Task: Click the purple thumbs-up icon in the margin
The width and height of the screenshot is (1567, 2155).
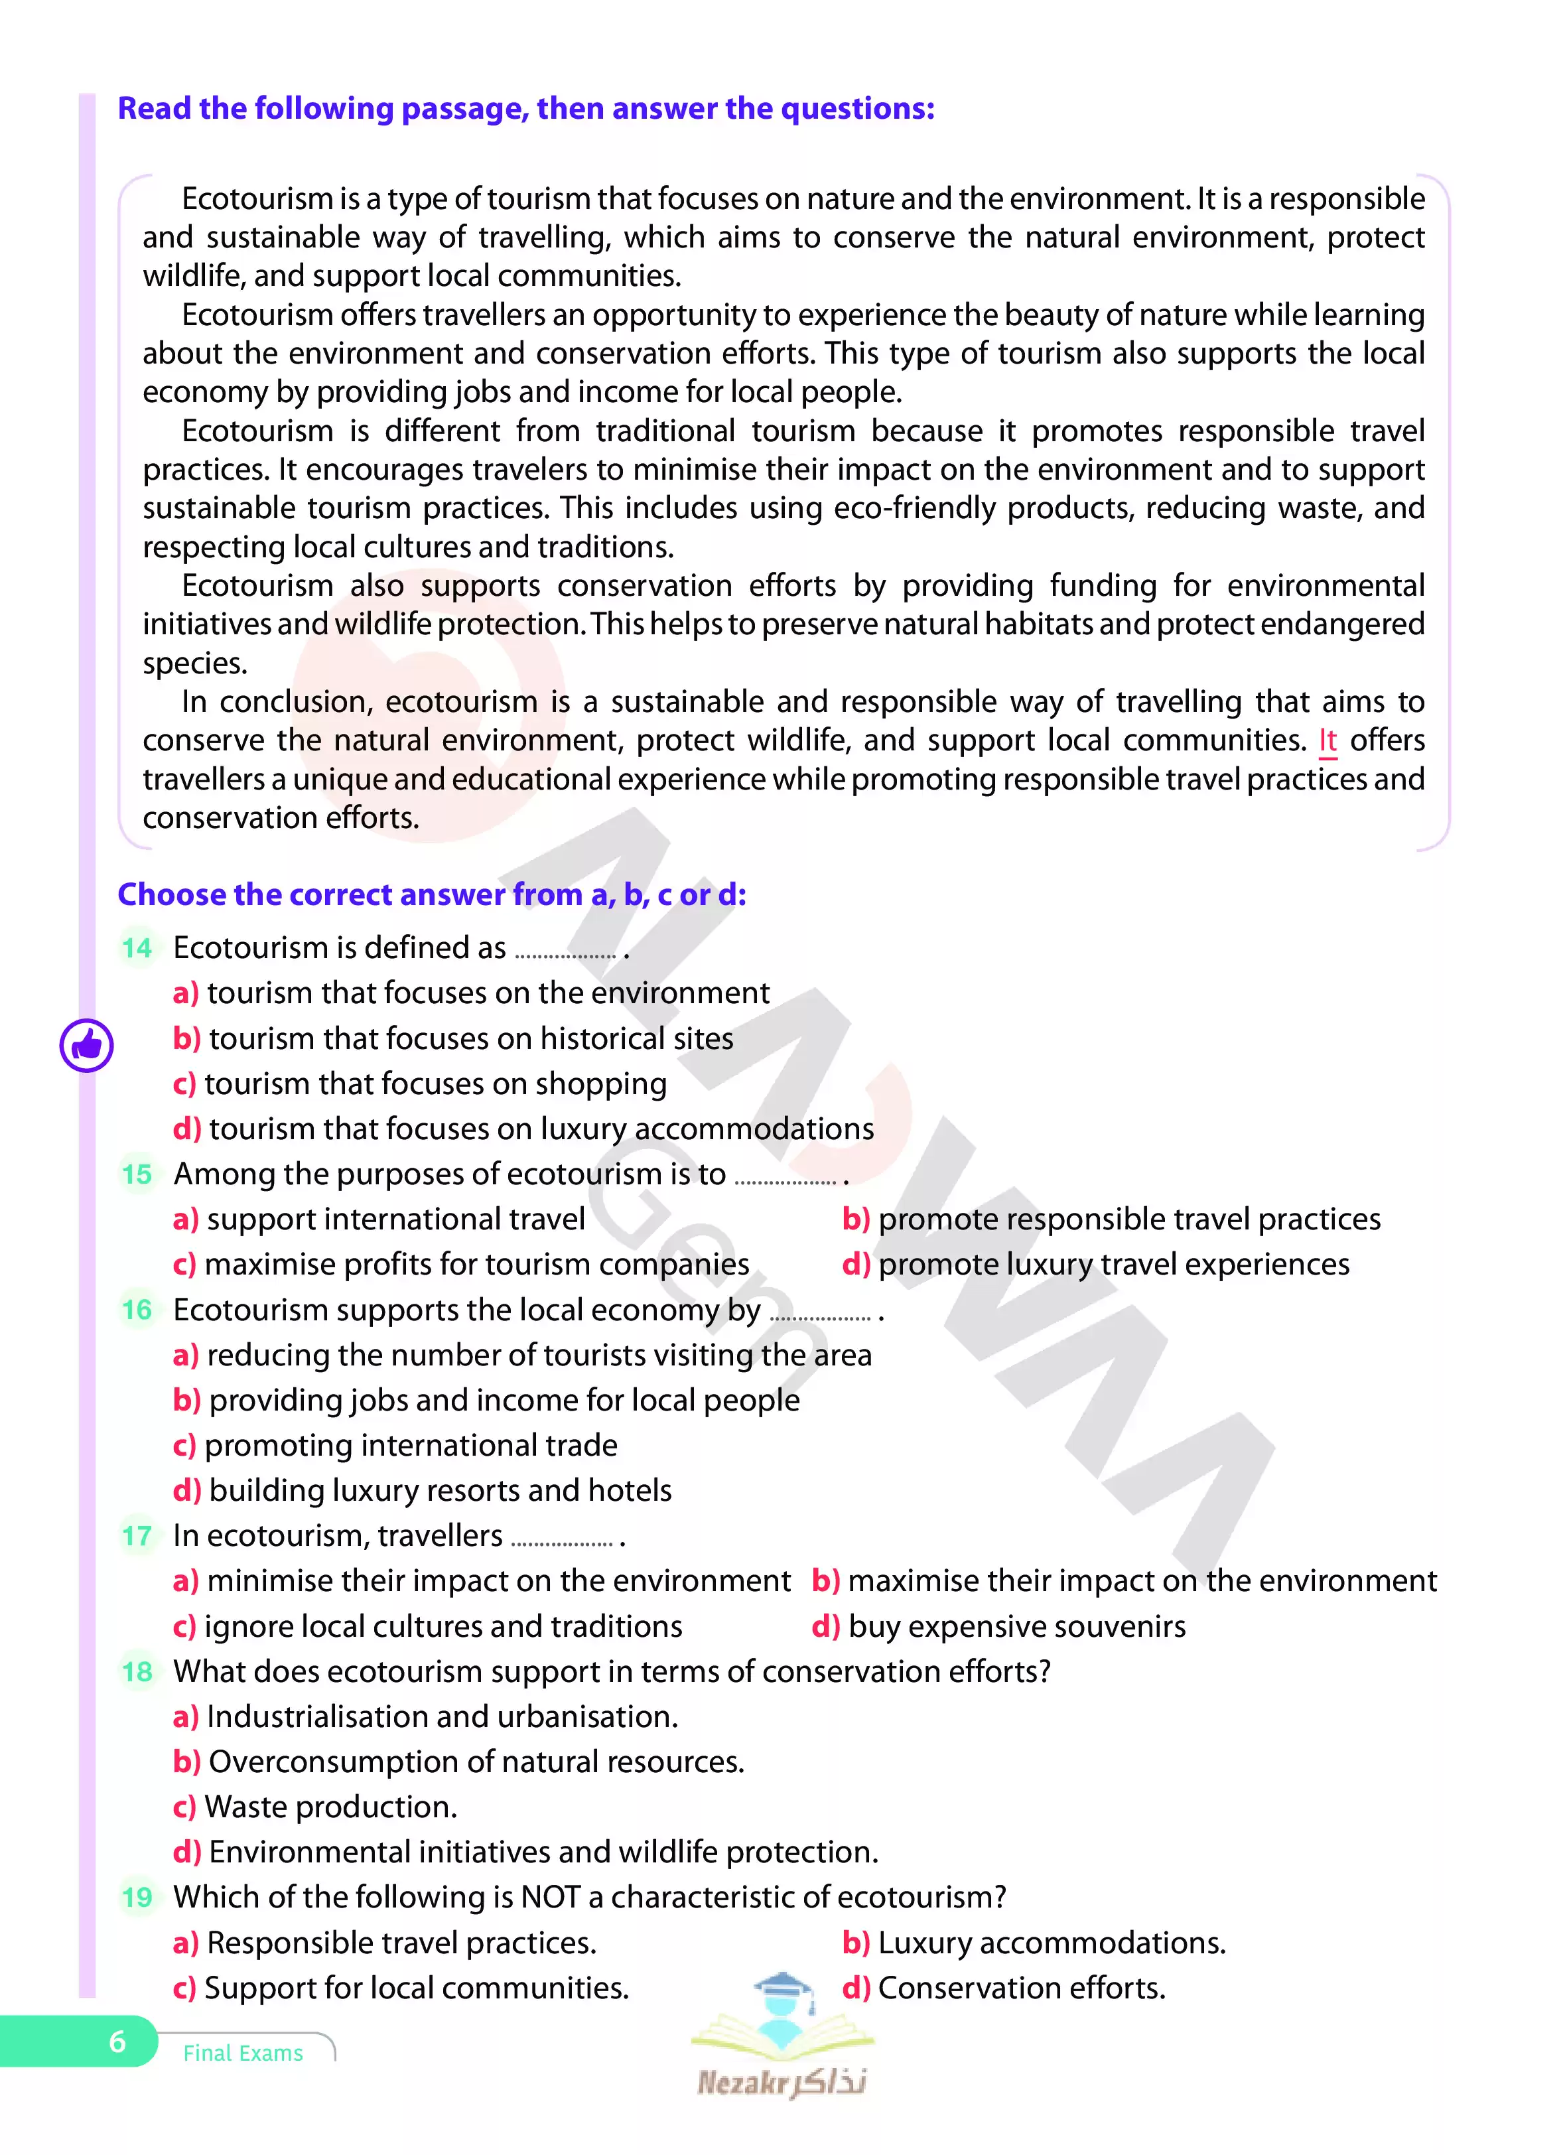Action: click(86, 1045)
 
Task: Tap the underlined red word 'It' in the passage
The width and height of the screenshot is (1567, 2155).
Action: click(1328, 740)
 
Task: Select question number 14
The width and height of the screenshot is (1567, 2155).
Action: click(137, 947)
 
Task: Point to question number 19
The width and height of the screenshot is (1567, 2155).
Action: click(137, 1898)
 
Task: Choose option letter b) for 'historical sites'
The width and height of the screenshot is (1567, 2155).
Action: click(186, 1038)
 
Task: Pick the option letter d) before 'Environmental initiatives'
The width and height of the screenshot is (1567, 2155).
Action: click(186, 1852)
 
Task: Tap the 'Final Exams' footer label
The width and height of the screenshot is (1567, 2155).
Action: click(243, 2053)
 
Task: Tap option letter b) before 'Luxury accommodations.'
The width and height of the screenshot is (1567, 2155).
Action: click(855, 1943)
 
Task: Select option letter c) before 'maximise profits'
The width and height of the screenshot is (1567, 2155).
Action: click(184, 1265)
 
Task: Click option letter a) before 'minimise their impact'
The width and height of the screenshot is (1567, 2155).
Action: click(185, 1581)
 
